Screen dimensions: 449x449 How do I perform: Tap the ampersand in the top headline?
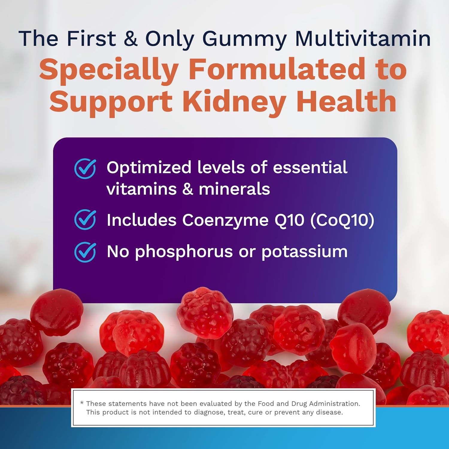click(131, 38)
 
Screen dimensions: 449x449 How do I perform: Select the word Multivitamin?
click(363, 38)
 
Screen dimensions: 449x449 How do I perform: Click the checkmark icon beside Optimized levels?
click(85, 169)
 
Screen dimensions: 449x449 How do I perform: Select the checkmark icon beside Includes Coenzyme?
click(85, 219)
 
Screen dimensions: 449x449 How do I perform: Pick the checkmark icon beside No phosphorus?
click(85, 252)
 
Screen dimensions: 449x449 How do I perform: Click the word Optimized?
click(149, 168)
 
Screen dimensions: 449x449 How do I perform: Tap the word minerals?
click(234, 189)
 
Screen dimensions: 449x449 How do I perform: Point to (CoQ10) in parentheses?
click(342, 221)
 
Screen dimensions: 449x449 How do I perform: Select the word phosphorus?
click(184, 252)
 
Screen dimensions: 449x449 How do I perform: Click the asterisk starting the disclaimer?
click(82, 403)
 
